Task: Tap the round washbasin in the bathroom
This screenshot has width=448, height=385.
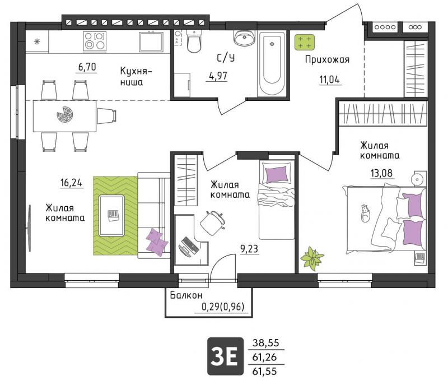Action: point(244,38)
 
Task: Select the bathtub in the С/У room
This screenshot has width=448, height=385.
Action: point(272,64)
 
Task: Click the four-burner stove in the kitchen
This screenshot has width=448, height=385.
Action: point(95,41)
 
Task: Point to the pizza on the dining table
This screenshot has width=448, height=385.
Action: point(65,114)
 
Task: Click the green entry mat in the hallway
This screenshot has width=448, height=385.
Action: point(305,42)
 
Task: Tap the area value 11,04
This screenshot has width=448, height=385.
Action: point(329,80)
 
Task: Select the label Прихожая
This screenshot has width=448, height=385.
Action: point(327,59)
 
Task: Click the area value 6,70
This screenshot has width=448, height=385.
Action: point(87,67)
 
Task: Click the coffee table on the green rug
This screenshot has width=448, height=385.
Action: point(111,216)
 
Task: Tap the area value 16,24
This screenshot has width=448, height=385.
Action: point(71,182)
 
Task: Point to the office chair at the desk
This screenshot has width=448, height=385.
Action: point(213,222)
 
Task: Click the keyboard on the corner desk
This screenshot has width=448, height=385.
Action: point(190,245)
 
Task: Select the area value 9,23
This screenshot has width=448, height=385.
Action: point(249,249)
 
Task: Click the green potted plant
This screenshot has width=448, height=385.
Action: point(312,258)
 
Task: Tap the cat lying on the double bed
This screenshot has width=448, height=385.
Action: point(365,213)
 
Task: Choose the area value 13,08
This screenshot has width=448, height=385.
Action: point(381,173)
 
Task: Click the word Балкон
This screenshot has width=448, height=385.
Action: point(186,295)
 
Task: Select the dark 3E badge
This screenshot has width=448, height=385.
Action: point(226,356)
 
